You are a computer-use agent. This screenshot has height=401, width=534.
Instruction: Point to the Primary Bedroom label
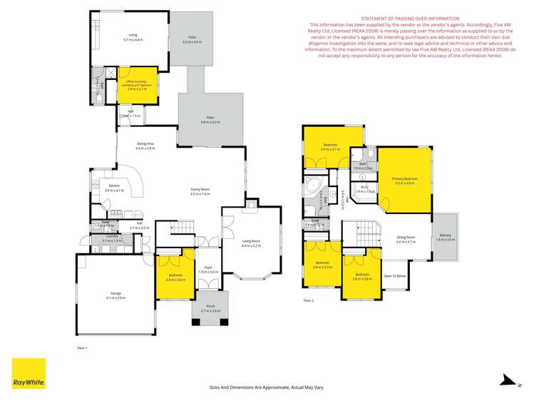pos(405,181)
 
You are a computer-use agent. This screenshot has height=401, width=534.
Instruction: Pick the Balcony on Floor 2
pos(445,237)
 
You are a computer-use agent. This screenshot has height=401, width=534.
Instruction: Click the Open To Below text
pos(394,275)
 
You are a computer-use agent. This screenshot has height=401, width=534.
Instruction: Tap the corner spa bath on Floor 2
pos(312,188)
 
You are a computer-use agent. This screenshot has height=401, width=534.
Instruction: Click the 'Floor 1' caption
pos(81,347)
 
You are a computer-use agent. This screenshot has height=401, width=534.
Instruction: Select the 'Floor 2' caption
pos(309,300)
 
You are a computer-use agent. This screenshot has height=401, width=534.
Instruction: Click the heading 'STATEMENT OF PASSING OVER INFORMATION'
pos(410,19)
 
